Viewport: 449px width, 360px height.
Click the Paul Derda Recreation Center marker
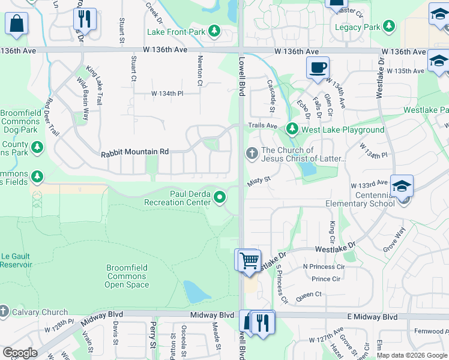[x=220, y=196]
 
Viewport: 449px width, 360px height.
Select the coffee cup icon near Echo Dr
[x=318, y=67]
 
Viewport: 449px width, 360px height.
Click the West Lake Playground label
[x=343, y=130]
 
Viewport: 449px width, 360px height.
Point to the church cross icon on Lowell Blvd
[x=252, y=154]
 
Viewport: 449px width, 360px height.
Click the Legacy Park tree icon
[x=390, y=26]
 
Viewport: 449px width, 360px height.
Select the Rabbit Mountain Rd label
[x=135, y=152]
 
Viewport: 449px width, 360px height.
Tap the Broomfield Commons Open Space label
[x=127, y=276]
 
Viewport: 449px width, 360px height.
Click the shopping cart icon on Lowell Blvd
[x=248, y=260]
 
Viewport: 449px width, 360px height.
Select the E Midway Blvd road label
[x=374, y=316]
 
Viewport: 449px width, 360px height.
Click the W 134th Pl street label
[x=167, y=94]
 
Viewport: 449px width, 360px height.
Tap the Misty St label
[x=260, y=179]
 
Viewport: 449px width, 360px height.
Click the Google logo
[x=20, y=352]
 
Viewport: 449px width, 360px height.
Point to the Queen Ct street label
[x=309, y=295]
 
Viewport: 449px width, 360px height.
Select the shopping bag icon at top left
[x=17, y=23]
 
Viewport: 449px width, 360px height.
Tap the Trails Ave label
[x=263, y=125]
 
